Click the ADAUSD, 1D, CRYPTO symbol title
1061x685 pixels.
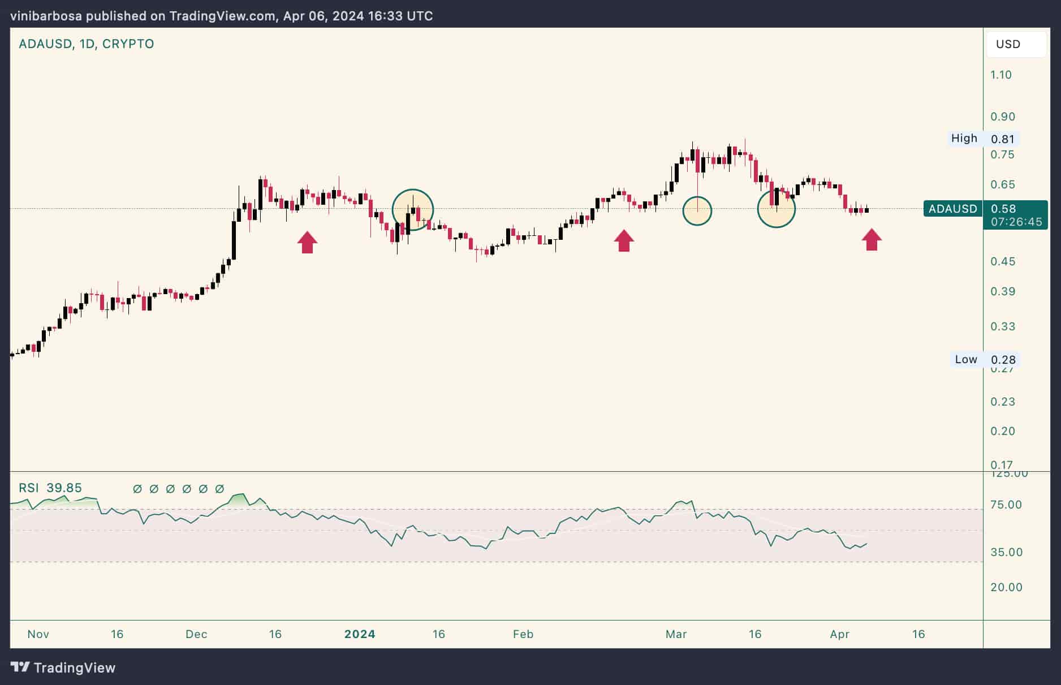[x=86, y=44]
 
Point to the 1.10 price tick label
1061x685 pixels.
[x=1000, y=75]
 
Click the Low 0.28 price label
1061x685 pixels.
[x=985, y=359]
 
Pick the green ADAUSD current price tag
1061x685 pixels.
[x=953, y=209]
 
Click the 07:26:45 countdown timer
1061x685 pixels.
[x=1016, y=222]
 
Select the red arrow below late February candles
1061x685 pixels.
[x=624, y=240]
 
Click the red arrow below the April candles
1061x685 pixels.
[x=872, y=239]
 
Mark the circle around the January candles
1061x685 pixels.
[x=413, y=210]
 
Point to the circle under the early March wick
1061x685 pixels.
[x=697, y=211]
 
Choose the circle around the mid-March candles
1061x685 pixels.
[x=776, y=209]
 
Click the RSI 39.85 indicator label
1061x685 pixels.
[x=50, y=488]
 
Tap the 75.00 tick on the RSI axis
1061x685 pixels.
[x=1006, y=505]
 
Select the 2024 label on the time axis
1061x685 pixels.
[x=360, y=634]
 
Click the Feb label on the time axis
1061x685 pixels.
[x=523, y=634]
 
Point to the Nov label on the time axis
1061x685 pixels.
[x=38, y=634]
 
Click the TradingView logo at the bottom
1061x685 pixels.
[x=63, y=667]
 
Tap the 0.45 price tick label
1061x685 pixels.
[x=1002, y=261]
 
